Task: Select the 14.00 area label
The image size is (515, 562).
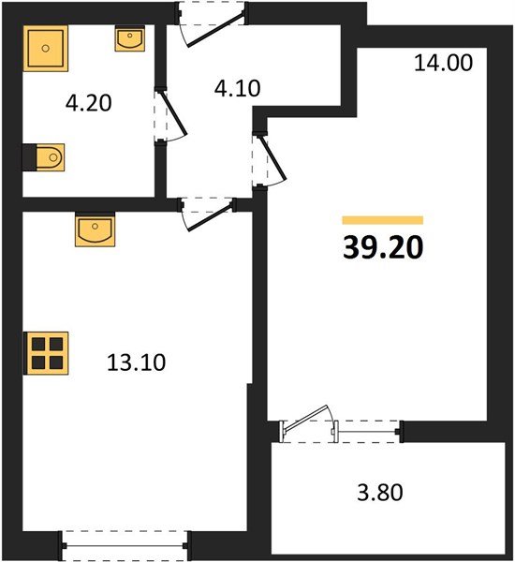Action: (443, 64)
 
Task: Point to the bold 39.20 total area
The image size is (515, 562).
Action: (383, 248)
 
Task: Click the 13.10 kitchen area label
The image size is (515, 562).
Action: (137, 362)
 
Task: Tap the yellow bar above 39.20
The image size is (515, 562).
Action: (383, 220)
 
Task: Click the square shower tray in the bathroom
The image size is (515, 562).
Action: (46, 48)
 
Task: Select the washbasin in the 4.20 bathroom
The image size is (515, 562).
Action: (129, 38)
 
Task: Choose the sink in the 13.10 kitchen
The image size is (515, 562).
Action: (95, 229)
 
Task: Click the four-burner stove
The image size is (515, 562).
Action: (45, 353)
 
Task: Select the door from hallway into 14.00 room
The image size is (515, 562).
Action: (262, 159)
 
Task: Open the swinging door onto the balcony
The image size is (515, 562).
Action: (309, 422)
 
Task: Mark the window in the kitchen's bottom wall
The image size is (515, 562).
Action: (125, 540)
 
